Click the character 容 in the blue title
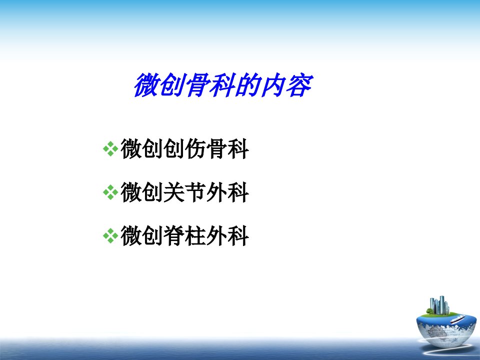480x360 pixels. coord(299,85)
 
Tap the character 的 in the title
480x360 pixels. coord(248,85)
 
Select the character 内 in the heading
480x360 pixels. coord(273,85)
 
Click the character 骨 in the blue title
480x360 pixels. coord(197,85)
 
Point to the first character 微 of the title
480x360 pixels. coord(146,85)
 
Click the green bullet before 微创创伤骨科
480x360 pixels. coord(110,149)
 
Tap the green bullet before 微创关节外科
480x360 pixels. coord(110,192)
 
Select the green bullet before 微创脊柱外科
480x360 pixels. coord(110,236)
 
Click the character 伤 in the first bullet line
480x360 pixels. coord(195,149)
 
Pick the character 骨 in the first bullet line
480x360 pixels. coord(216,149)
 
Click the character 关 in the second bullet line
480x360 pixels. coord(174,192)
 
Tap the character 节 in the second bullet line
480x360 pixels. coord(195,192)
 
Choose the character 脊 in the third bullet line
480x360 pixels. coord(174,235)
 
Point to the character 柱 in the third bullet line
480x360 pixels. coord(195,235)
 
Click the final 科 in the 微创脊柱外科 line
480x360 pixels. coord(238,235)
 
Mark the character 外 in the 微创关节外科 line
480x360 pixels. coord(216,192)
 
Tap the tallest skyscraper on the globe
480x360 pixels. coord(441,304)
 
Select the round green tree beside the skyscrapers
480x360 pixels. coord(430,311)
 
